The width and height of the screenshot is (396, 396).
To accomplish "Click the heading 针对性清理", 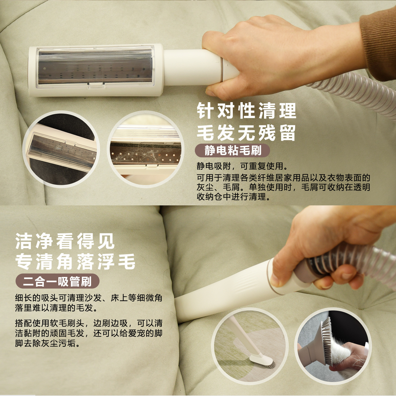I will [247, 111].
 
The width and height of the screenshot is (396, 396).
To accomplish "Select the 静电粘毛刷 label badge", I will [233, 151].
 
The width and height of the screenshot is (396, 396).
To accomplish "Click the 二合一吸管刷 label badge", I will [57, 281].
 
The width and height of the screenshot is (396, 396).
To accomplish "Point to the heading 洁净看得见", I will [65, 241].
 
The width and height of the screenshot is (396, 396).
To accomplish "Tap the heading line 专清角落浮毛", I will [75, 262].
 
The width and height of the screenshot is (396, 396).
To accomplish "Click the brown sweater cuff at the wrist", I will [378, 42].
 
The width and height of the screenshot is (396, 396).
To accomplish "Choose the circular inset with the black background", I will [61, 149].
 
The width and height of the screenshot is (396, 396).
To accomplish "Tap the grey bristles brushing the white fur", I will [327, 341].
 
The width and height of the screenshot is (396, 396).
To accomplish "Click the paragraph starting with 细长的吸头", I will [88, 303].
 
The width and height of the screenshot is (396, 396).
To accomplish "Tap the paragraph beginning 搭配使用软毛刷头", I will [88, 333].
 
